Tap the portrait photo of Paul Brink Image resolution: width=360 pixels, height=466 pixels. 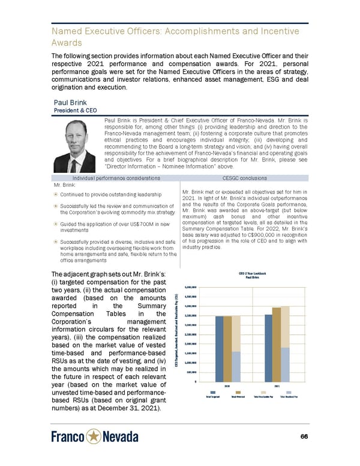coord(74,146)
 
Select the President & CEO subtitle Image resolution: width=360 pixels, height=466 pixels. coord(75,110)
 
